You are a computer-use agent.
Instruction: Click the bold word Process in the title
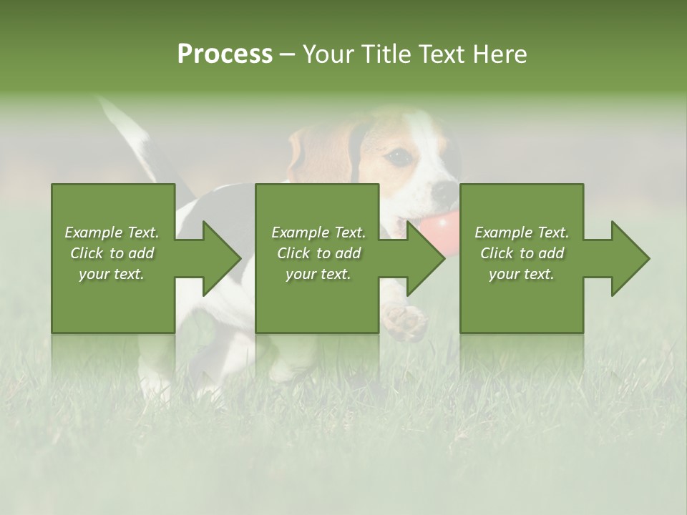tap(225, 54)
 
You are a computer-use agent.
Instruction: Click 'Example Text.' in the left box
tap(112, 232)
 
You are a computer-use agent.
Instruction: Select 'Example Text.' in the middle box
tap(318, 232)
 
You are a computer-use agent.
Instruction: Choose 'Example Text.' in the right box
tap(522, 232)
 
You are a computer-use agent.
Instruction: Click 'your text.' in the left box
tap(112, 274)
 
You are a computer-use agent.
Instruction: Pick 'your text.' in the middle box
tap(318, 274)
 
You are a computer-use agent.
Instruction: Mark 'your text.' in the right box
tap(522, 274)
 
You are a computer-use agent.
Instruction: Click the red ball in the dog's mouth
tap(438, 227)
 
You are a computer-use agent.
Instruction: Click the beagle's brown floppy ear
tap(322, 154)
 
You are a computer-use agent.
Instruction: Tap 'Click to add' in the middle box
tap(318, 253)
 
